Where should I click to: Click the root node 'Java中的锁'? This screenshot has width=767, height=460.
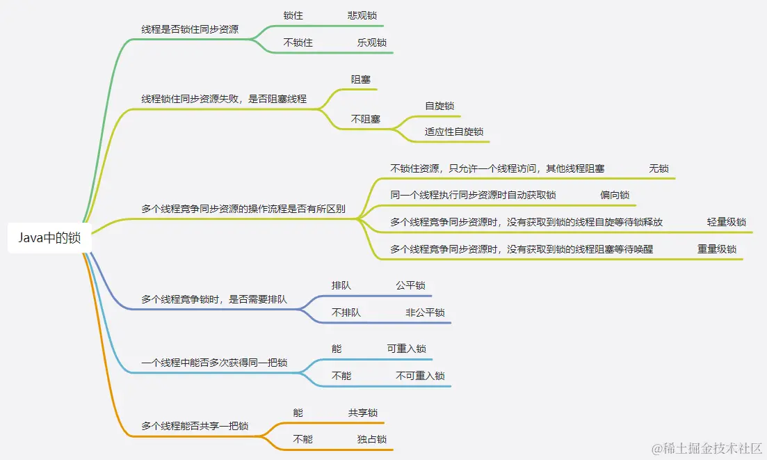click(49, 238)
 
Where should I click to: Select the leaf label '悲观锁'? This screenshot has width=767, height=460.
click(362, 15)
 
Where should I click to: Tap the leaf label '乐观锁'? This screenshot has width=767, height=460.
click(372, 42)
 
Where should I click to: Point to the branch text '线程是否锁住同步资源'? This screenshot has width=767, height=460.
click(190, 29)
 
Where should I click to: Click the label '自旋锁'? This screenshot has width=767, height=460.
click(439, 106)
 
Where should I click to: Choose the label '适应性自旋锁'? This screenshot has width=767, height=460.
click(454, 132)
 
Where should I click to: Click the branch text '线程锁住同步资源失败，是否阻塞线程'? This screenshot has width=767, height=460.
click(224, 99)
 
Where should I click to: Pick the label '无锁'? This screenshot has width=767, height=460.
click(659, 168)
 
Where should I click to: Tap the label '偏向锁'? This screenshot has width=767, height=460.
click(615, 195)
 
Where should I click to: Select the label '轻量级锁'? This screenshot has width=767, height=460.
click(726, 222)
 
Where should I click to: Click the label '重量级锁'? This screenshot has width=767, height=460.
click(717, 248)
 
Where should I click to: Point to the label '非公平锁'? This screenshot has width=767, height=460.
click(425, 312)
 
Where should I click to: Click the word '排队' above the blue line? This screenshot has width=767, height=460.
click(341, 285)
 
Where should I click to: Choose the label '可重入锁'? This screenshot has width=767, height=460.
click(406, 349)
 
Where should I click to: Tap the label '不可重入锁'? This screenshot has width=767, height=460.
click(420, 376)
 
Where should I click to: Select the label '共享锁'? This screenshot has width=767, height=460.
click(362, 413)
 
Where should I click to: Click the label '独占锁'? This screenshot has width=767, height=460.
click(372, 439)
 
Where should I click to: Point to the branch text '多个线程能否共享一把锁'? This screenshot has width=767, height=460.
click(195, 426)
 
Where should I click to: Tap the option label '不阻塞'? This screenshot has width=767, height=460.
click(365, 119)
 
